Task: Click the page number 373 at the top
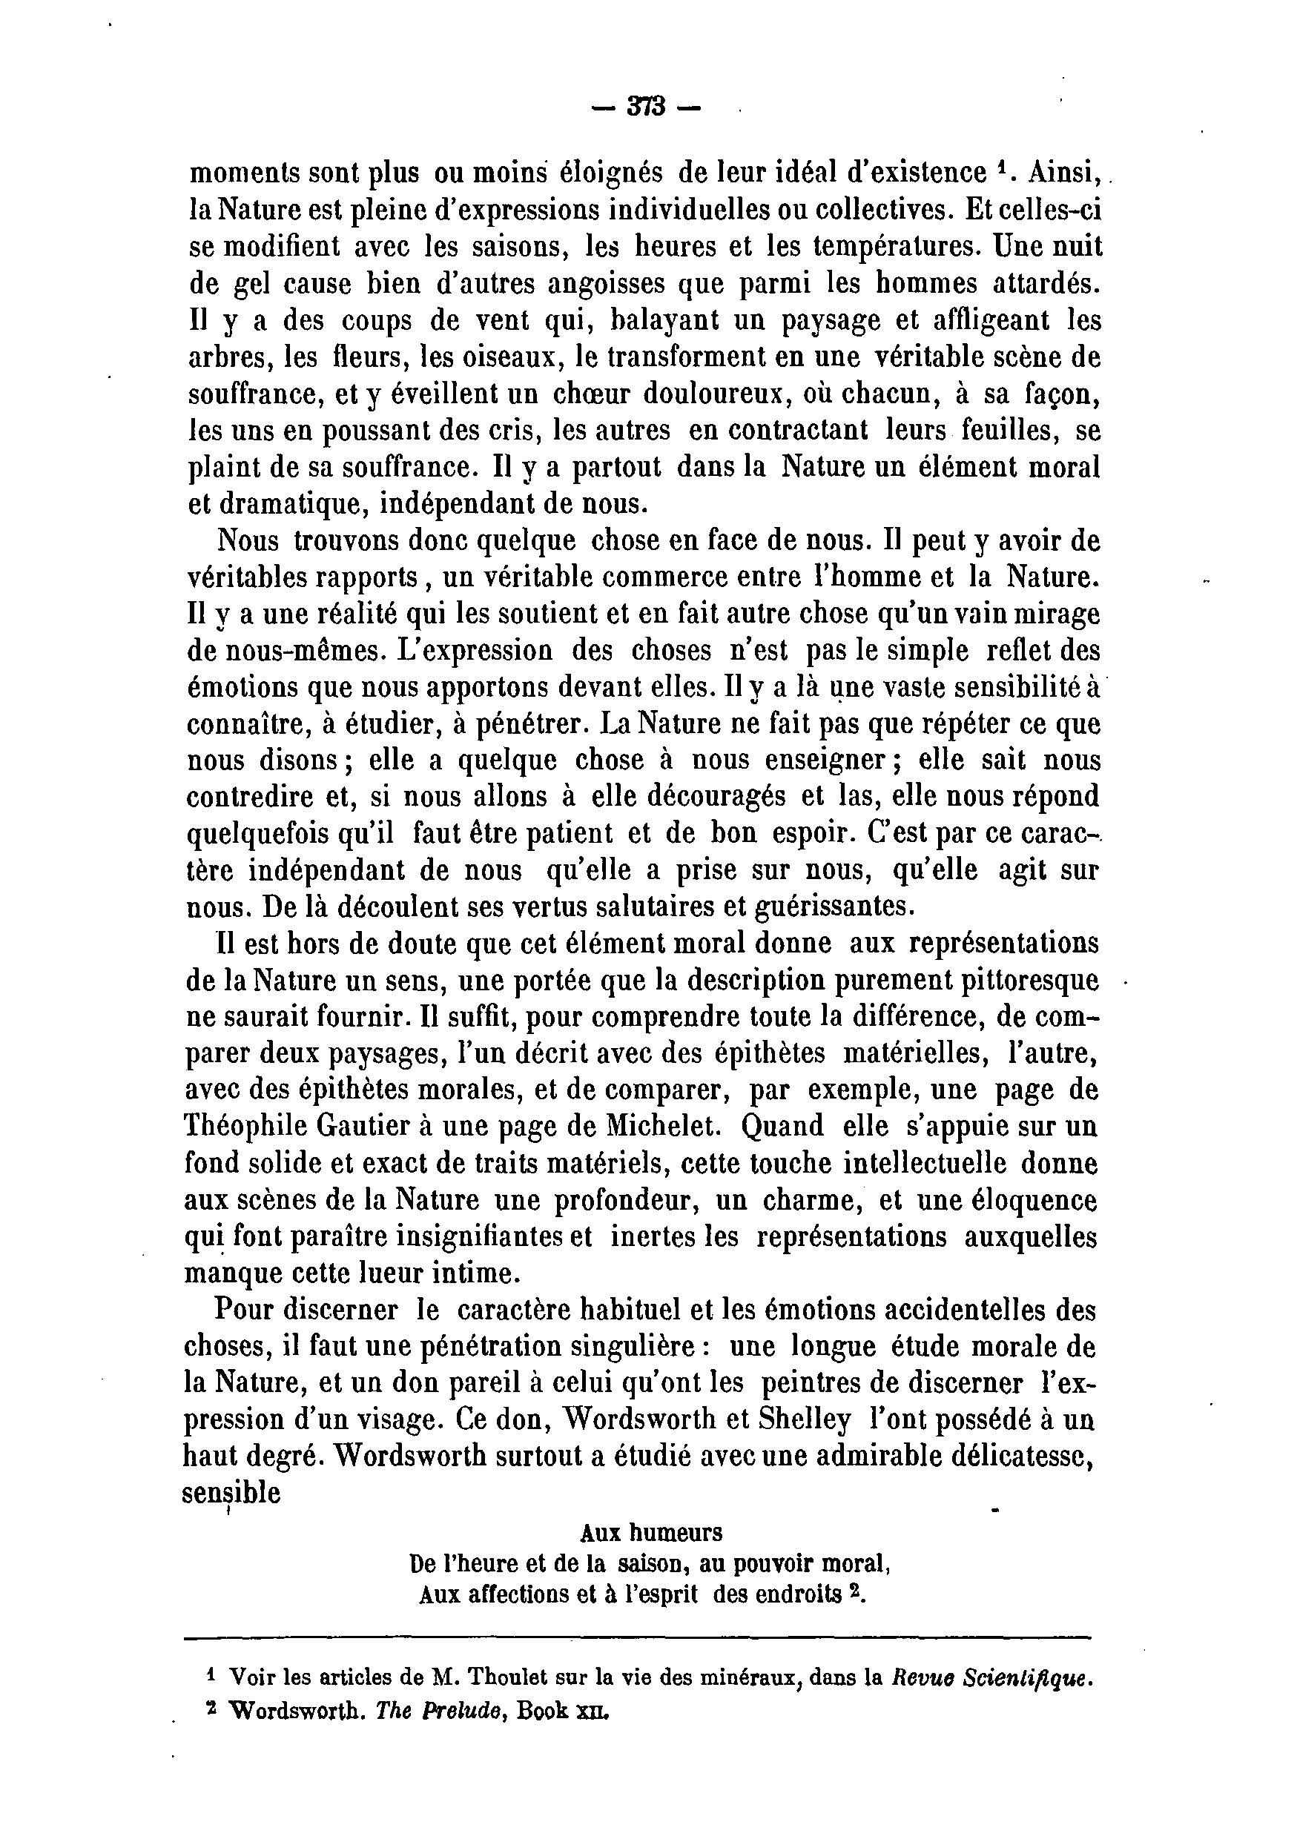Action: coord(648,107)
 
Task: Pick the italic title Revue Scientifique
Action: coord(992,1677)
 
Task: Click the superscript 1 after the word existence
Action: coord(1000,166)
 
